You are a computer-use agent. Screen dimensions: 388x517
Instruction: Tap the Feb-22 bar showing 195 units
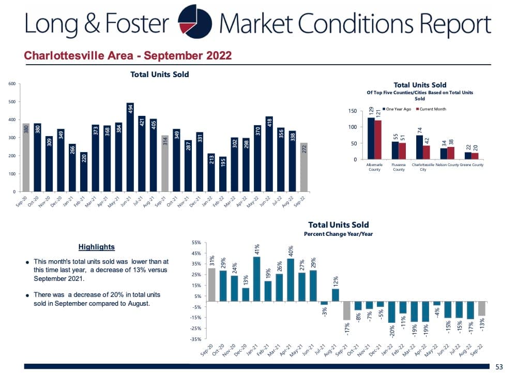[x=223, y=174]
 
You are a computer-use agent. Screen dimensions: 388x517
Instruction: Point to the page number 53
[x=499, y=367]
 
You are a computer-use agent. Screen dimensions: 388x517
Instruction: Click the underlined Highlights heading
[x=97, y=247]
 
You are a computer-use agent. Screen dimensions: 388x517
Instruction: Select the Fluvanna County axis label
[x=399, y=167]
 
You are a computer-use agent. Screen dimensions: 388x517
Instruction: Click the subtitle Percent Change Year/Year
[x=338, y=234]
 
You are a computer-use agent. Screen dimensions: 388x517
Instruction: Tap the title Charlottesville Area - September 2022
[x=128, y=55]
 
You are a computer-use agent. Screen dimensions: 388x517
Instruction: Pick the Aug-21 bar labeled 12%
[x=335, y=295]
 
